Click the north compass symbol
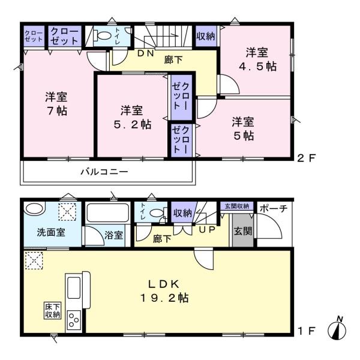coord(337,329)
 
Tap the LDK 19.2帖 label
coord(164,291)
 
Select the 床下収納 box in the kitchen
coord(53,310)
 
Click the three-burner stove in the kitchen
coord(74,319)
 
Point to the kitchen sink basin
coord(74,287)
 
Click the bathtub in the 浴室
coord(107,212)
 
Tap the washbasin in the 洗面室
coord(35,208)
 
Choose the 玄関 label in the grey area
coord(243,231)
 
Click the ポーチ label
coord(274,208)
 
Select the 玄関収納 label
coord(237,206)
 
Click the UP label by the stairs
coord(207,230)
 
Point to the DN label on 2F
coord(146,53)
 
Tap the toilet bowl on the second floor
coord(104,36)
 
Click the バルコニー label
coord(104,172)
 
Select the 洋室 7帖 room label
coord(56,104)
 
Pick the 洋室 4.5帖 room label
coord(257,59)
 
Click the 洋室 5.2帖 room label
coord(133,118)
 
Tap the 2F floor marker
coord(307,158)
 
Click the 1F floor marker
coord(307,331)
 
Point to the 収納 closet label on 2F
coord(206,36)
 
